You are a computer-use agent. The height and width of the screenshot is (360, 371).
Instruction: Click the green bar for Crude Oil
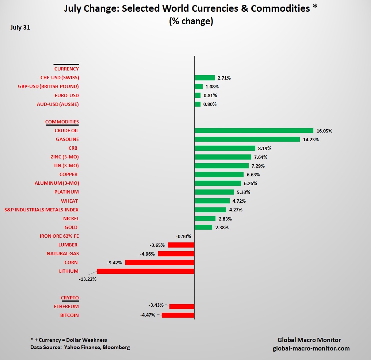(x=254, y=130)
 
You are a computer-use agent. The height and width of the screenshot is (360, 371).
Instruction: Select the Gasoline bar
(x=247, y=139)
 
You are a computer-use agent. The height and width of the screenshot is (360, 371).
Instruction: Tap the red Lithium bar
(x=146, y=271)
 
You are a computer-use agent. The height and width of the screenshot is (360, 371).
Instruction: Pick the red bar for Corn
(x=160, y=263)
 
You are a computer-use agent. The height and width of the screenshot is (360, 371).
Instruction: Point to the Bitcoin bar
(x=178, y=315)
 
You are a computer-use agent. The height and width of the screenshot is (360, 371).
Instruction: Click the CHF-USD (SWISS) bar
(x=204, y=78)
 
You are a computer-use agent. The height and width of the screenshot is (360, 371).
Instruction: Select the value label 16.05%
(x=325, y=131)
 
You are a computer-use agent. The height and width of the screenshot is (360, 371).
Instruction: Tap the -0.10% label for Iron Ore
(x=183, y=236)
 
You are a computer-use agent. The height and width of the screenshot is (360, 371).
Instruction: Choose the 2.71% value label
(x=224, y=78)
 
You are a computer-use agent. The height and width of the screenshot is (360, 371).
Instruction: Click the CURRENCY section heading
(x=66, y=69)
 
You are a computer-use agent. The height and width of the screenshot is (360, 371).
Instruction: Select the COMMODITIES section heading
(x=62, y=122)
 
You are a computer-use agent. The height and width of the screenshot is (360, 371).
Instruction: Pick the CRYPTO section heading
(x=70, y=298)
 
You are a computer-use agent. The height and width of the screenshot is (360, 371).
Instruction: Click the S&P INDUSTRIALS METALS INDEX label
(x=41, y=210)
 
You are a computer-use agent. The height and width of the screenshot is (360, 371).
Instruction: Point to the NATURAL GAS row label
(x=63, y=254)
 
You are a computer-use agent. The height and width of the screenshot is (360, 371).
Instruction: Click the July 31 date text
(x=20, y=27)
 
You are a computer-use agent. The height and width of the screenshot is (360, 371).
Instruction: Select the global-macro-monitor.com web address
(x=311, y=348)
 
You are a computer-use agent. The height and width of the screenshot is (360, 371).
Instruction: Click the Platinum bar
(x=214, y=192)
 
